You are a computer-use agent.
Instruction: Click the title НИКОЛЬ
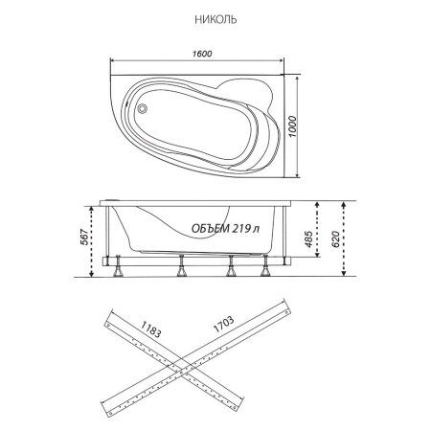[215, 20]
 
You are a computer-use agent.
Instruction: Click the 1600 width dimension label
[202, 54]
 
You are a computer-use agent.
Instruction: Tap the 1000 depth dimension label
[293, 126]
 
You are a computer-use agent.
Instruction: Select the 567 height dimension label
[84, 237]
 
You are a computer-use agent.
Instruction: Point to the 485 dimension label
[308, 238]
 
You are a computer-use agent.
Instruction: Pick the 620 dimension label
[335, 239]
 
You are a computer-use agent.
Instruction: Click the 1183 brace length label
[150, 329]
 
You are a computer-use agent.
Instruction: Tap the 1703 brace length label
[223, 324]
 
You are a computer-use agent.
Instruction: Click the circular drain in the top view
[142, 108]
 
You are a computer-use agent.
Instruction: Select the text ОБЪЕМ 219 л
[225, 228]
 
